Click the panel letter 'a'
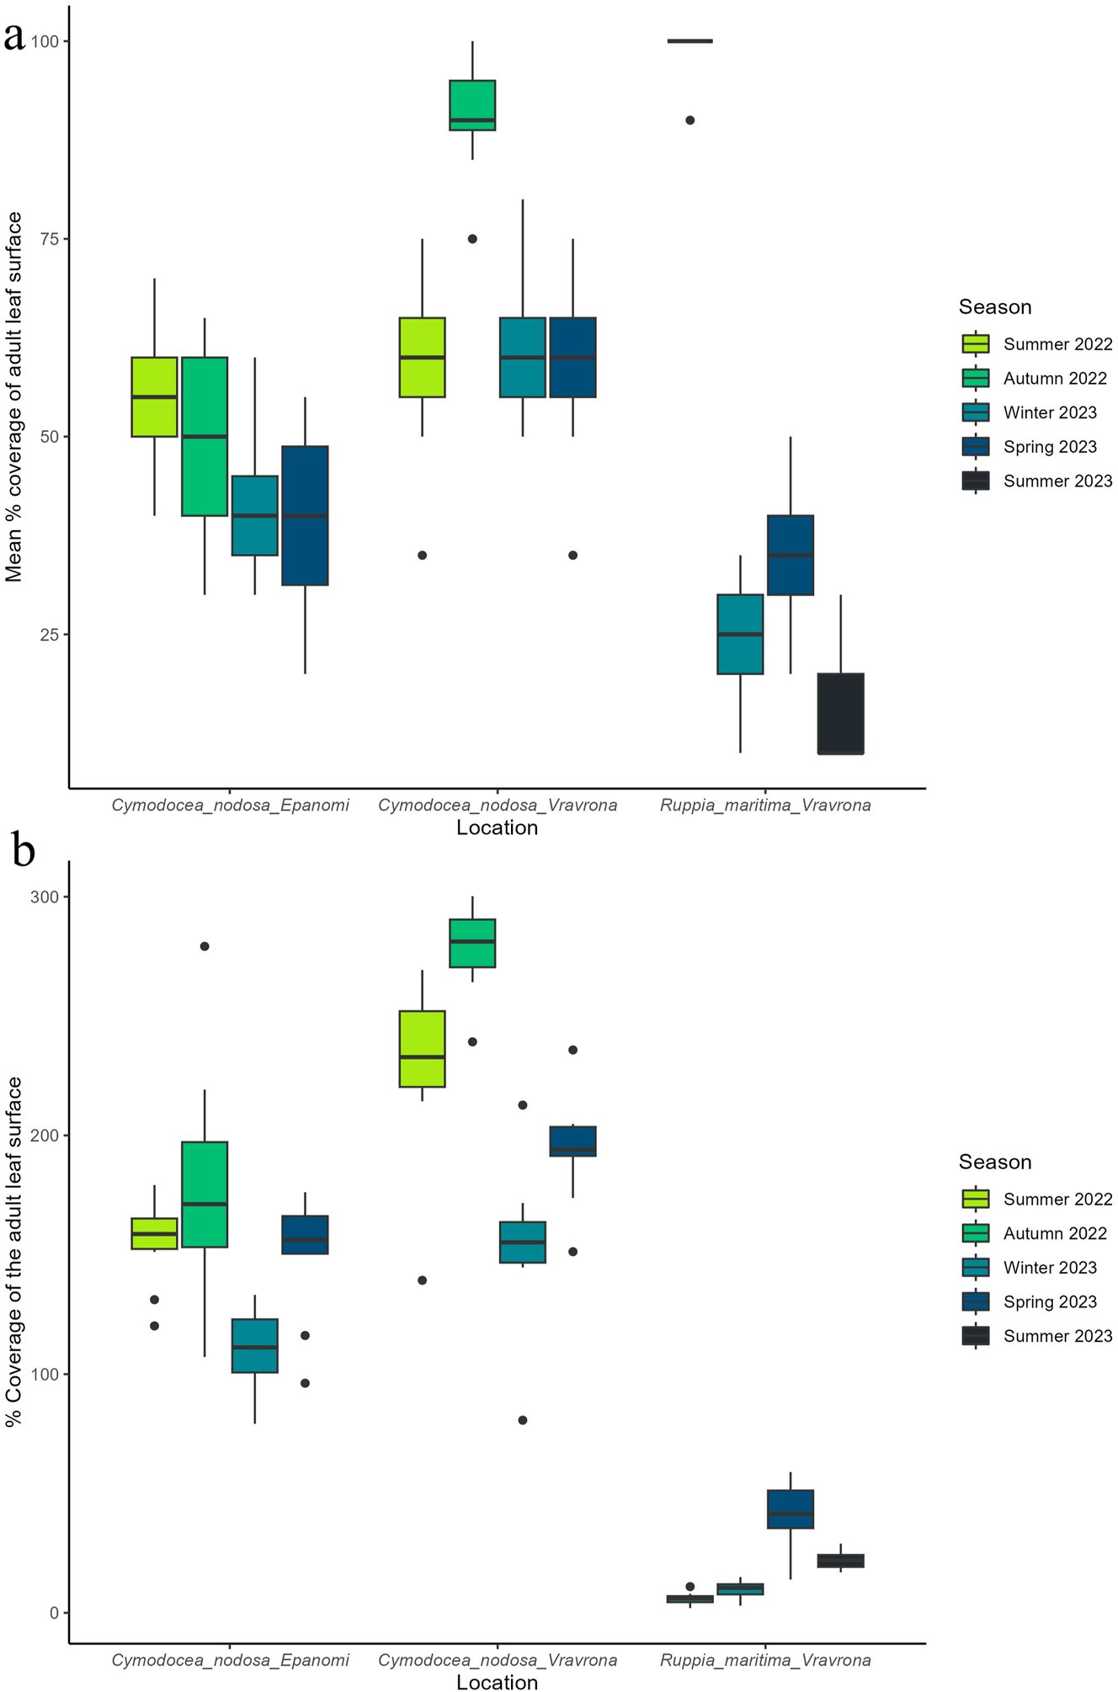coord(14,37)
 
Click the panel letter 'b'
coord(23,851)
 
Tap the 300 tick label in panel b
coord(44,897)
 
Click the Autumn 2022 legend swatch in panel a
coord(976,379)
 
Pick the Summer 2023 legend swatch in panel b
coord(976,1336)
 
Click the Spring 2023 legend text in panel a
coord(1050,447)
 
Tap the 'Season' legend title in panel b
coord(994,1163)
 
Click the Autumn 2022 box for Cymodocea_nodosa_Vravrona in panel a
coord(472,105)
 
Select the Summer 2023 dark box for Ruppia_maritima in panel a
coord(840,714)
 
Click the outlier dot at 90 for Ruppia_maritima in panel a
coord(689,120)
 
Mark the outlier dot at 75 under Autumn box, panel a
coord(472,239)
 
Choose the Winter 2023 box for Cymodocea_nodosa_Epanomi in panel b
coord(254,1346)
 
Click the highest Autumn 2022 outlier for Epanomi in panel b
coord(205,946)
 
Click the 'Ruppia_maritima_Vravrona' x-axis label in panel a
coord(764,806)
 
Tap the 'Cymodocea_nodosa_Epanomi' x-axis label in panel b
coord(230,1661)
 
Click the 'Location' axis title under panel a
coord(497,828)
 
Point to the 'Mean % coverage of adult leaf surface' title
coord(14,396)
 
